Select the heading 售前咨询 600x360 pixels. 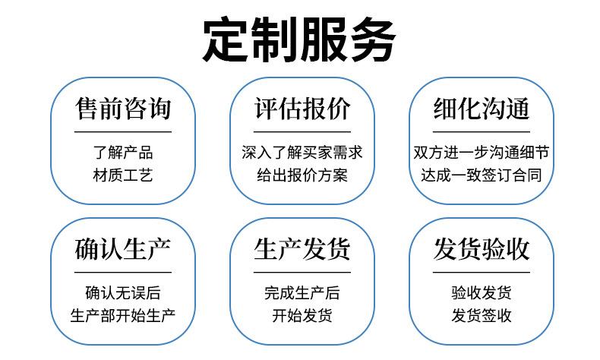tap(122, 108)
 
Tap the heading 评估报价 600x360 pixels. tap(302, 108)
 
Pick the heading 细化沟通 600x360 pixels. tap(481, 108)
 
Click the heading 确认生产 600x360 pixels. tap(122, 248)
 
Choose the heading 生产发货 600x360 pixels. tap(302, 248)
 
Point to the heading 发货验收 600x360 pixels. tap(481, 248)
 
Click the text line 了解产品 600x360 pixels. tap(122, 152)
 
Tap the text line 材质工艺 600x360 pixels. tap(122, 175)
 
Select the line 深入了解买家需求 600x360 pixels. tap(302, 152)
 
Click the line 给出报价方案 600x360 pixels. tap(302, 175)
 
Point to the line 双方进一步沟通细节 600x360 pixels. tap(481, 152)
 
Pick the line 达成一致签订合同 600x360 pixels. tap(481, 175)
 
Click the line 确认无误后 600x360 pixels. tap(122, 292)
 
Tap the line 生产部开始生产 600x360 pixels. tap(122, 315)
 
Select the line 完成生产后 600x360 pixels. tap(302, 292)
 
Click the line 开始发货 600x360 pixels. tap(302, 315)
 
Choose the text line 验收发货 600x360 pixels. tap(481, 292)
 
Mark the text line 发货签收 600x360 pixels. tap(481, 315)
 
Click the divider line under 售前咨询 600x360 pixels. tap(122, 131)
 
